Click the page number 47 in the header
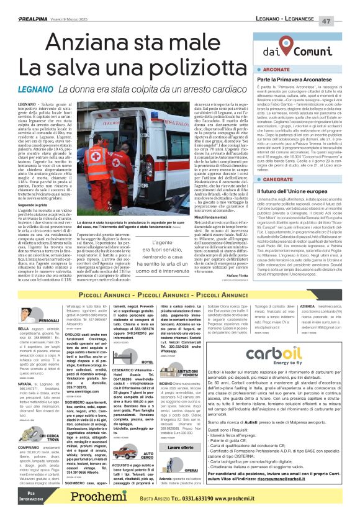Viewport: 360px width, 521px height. [x=343, y=20]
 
